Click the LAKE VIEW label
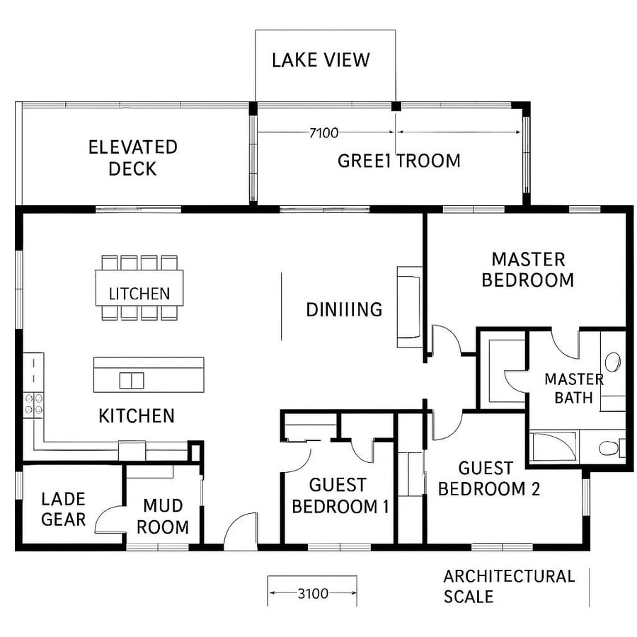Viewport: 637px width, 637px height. tap(321, 59)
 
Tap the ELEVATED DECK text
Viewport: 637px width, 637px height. tap(132, 158)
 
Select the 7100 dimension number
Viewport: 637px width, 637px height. tap(324, 132)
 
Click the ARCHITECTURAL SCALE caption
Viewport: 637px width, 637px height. tap(508, 586)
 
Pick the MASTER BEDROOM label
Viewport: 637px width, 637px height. tap(527, 270)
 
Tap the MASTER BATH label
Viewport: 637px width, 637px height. tap(573, 388)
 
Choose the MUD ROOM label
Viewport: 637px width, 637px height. tap(162, 516)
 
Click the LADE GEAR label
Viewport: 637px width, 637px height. tap(63, 509)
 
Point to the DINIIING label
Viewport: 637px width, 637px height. tap(344, 309)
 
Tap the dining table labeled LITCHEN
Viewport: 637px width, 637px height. tap(139, 288)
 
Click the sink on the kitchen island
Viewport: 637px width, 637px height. tap(132, 380)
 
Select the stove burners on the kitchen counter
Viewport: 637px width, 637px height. tap(33, 404)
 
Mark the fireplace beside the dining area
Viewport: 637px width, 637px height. tap(409, 306)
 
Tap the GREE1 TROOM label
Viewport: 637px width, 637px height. tap(398, 161)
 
